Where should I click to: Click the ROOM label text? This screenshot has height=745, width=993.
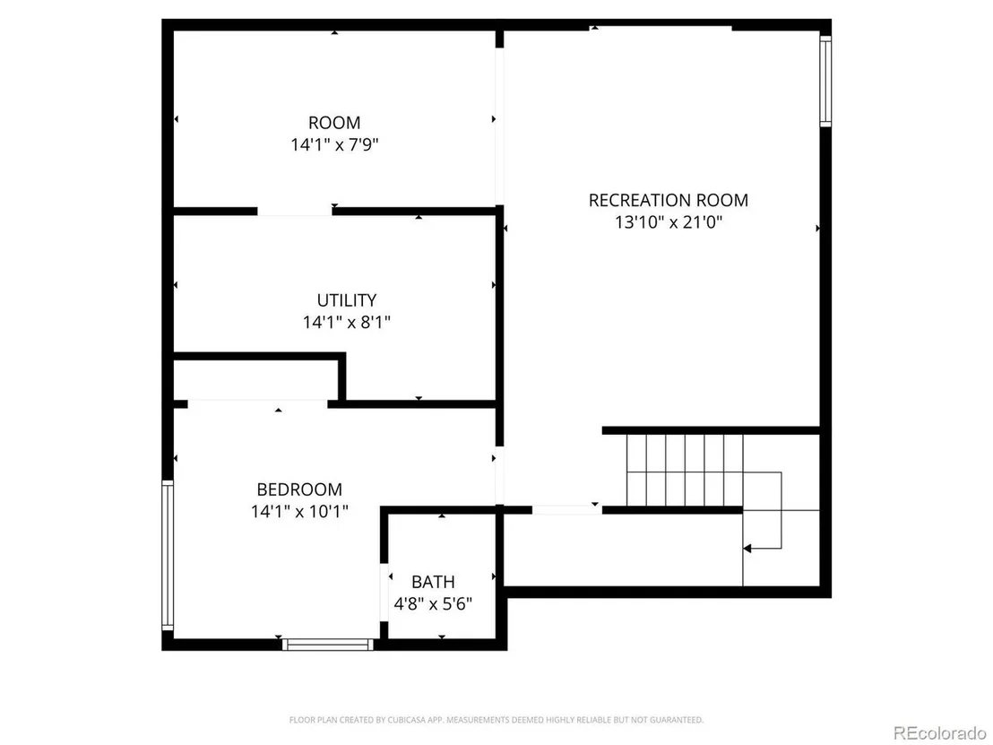pyautogui.click(x=334, y=122)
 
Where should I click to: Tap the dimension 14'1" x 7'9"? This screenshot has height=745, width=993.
pyautogui.click(x=334, y=145)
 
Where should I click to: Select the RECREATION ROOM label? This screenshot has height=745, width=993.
pyautogui.click(x=668, y=200)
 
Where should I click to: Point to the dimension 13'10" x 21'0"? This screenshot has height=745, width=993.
pyautogui.click(x=668, y=222)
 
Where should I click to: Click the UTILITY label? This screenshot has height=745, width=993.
pyautogui.click(x=347, y=299)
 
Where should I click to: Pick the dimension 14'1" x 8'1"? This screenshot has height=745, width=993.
pyautogui.click(x=347, y=323)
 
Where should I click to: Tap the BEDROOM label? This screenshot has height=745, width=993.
pyautogui.click(x=299, y=489)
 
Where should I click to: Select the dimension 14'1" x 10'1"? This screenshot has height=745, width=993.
pyautogui.click(x=299, y=511)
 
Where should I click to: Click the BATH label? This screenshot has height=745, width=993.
pyautogui.click(x=433, y=582)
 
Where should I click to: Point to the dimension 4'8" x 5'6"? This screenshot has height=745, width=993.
pyautogui.click(x=433, y=603)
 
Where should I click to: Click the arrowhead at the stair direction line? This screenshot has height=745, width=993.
pyautogui.click(x=747, y=549)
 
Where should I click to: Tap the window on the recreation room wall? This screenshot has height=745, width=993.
pyautogui.click(x=825, y=81)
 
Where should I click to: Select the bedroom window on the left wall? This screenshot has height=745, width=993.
pyautogui.click(x=168, y=555)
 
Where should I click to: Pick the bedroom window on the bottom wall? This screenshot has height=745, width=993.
pyautogui.click(x=328, y=645)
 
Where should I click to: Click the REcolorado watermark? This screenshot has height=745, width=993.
pyautogui.click(x=939, y=733)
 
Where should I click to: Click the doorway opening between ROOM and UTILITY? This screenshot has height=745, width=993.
pyautogui.click(x=295, y=212)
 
